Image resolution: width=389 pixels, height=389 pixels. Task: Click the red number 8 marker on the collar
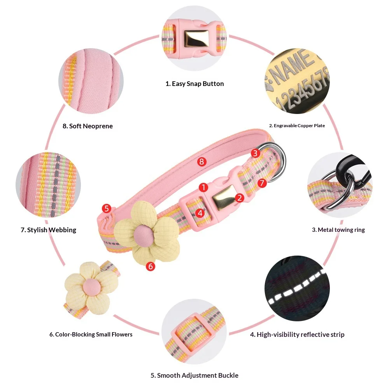(202, 162)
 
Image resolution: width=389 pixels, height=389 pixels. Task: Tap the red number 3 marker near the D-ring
(255, 153)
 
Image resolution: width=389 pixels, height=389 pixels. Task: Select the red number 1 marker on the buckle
(203, 187)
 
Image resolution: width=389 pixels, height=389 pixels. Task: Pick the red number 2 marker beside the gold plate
(239, 198)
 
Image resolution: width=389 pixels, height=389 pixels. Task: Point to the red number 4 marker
(200, 213)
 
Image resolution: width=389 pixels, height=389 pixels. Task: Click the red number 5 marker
(107, 208)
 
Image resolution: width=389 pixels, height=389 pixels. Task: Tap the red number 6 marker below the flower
(151, 266)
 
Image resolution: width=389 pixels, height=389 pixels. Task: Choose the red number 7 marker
(262, 183)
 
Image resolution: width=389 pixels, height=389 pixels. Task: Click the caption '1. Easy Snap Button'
(194, 84)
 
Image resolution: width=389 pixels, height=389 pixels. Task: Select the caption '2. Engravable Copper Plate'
(297, 126)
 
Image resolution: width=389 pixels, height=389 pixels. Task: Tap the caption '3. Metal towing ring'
(338, 230)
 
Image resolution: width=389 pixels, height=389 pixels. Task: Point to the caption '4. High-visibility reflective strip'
(297, 335)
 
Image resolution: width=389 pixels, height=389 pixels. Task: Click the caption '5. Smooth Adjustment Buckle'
(194, 375)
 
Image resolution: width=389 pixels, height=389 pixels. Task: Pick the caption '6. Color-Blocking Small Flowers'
(91, 335)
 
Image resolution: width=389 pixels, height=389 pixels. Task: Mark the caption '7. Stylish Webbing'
(48, 230)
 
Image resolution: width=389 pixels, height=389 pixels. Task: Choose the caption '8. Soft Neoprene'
(88, 126)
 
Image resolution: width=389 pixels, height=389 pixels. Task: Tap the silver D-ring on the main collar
(280, 161)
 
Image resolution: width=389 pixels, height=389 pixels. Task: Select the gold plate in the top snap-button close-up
(196, 39)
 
